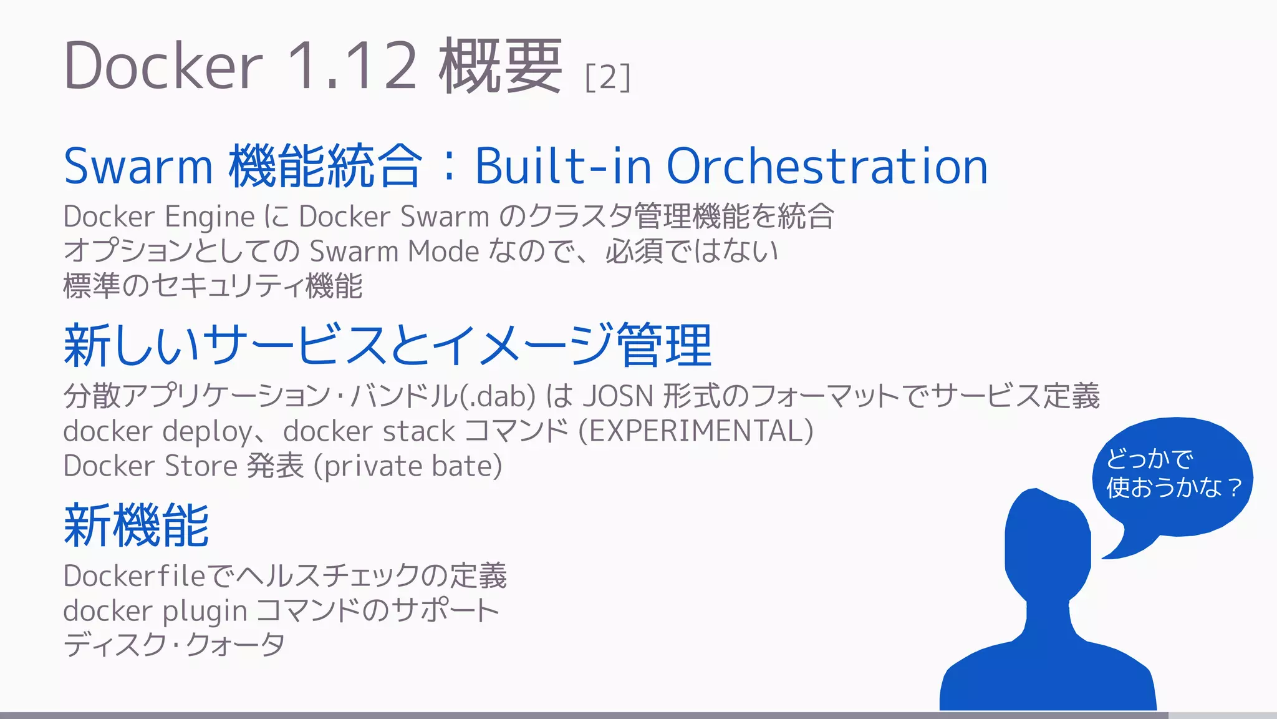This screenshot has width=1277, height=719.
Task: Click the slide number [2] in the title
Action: click(x=608, y=77)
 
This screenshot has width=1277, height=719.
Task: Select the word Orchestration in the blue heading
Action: click(x=827, y=167)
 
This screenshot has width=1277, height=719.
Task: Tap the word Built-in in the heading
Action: click(x=563, y=167)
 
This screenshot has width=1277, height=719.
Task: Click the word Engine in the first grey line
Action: click(x=210, y=217)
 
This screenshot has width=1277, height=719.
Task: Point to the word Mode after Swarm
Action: click(x=443, y=252)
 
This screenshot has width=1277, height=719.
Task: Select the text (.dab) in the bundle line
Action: click(x=498, y=396)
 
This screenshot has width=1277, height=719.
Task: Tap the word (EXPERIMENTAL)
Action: click(x=696, y=431)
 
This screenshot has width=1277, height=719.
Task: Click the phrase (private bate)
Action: click(x=408, y=466)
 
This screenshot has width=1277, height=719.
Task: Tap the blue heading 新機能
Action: click(x=137, y=526)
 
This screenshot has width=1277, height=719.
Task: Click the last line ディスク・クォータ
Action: click(x=174, y=645)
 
